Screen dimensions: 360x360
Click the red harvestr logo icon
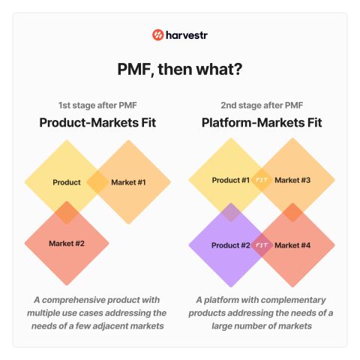tap(157, 35)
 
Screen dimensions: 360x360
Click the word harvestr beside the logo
tap(187, 35)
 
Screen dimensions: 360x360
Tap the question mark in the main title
tap(238, 69)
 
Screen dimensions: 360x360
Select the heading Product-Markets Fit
tap(97, 122)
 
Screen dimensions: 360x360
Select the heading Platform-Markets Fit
tap(262, 122)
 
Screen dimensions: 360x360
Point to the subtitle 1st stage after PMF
tap(97, 105)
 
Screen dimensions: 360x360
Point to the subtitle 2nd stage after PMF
tap(262, 105)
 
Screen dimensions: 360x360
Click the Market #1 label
tap(128, 182)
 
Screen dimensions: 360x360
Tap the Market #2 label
tap(67, 243)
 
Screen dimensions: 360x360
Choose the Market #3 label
tap(292, 180)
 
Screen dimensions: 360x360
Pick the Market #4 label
tap(292, 245)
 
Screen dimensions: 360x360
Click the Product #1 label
tap(231, 180)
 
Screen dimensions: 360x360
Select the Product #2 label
tap(231, 245)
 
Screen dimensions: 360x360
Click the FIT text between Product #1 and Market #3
tap(262, 180)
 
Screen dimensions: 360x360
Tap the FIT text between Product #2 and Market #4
tap(262, 245)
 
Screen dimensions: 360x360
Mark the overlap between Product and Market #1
tap(97, 182)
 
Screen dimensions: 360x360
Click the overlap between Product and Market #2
tap(67, 212)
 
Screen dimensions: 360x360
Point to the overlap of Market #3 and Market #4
tap(292, 212)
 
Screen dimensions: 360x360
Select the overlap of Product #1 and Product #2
tap(231, 212)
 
